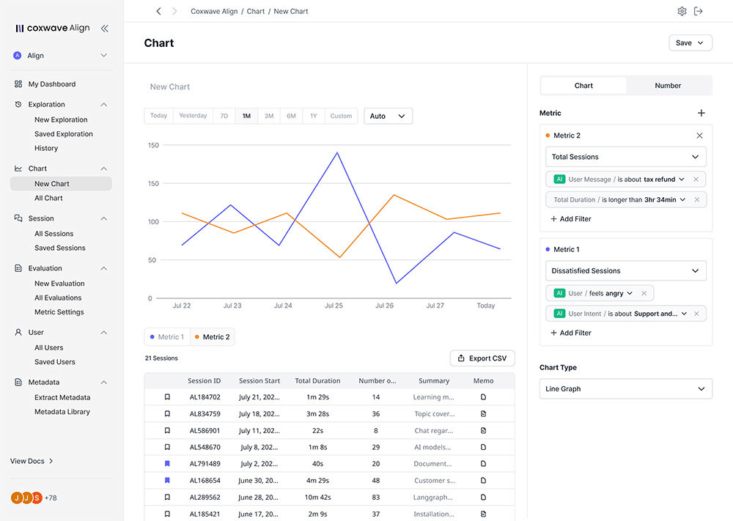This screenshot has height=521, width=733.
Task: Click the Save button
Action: tap(690, 43)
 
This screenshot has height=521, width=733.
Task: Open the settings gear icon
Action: tap(682, 12)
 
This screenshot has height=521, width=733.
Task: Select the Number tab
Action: tap(668, 86)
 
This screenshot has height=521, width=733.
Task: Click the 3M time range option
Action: tap(269, 116)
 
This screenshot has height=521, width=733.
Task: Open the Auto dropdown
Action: tap(388, 116)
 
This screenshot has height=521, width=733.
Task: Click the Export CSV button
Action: tap(482, 358)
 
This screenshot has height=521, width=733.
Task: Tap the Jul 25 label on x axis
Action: tap(334, 306)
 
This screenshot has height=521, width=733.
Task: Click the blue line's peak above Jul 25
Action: tap(337, 152)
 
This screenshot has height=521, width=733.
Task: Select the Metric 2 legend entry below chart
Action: tap(213, 337)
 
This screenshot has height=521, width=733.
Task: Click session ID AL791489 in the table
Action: tap(205, 464)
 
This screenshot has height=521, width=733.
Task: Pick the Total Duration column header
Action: tap(317, 381)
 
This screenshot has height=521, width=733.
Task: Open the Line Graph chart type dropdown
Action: tap(625, 389)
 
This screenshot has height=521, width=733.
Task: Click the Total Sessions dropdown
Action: tap(625, 157)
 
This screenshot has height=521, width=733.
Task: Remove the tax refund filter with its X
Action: tap(696, 180)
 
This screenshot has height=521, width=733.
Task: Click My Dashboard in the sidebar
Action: tap(51, 84)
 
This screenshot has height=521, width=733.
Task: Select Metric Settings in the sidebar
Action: tap(59, 312)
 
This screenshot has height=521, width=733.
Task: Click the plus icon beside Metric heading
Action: tap(701, 113)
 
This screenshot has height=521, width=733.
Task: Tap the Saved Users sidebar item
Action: tap(54, 362)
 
